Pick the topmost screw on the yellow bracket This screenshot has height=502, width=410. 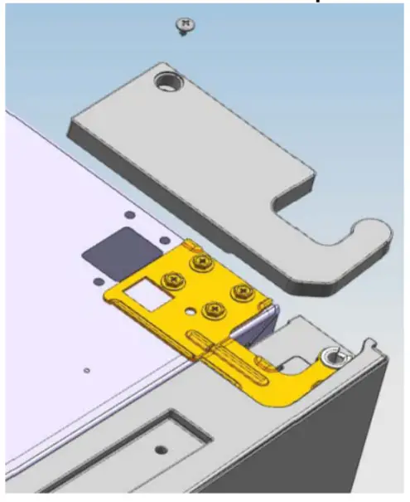(200, 263)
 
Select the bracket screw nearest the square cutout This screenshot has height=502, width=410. (175, 280)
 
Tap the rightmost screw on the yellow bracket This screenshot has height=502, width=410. (242, 291)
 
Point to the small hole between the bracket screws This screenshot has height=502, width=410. (193, 313)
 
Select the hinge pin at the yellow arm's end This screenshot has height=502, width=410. (334, 358)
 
